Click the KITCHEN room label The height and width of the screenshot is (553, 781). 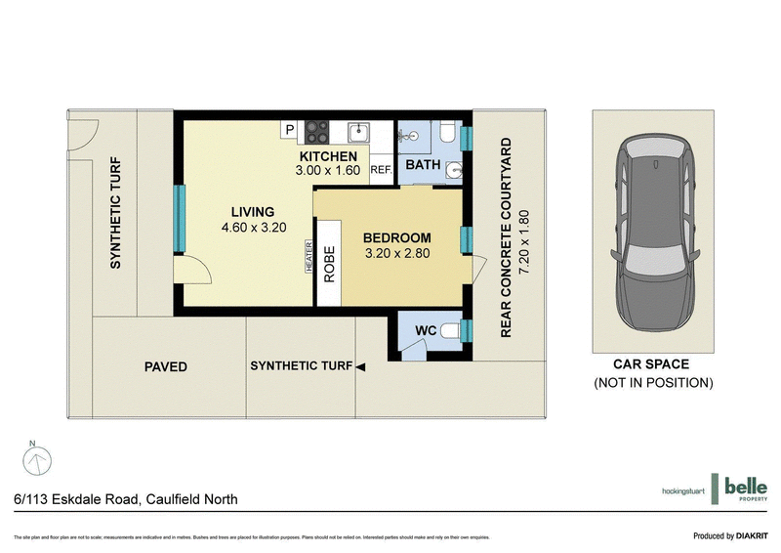[328, 156]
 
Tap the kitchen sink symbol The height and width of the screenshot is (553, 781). [359, 130]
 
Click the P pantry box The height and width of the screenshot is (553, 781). [290, 129]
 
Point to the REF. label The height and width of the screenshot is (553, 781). [381, 170]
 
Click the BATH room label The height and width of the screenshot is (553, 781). [423, 165]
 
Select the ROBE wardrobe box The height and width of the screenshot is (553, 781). [329, 264]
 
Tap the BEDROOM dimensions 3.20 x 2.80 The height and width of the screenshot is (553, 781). [397, 253]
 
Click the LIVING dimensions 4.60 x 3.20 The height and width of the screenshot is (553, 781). [252, 229]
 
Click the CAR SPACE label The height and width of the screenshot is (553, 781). [653, 364]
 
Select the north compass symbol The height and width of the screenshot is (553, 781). [34, 456]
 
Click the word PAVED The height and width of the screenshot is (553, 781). [165, 367]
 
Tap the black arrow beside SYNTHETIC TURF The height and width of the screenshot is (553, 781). [360, 367]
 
